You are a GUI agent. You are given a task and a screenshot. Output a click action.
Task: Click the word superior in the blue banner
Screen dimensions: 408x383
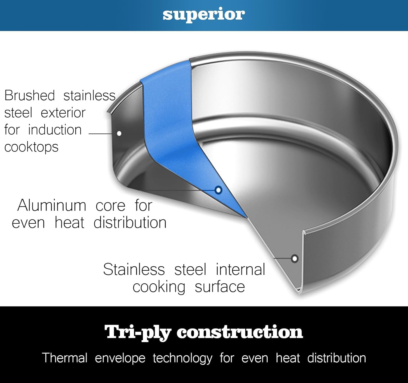click(x=204, y=15)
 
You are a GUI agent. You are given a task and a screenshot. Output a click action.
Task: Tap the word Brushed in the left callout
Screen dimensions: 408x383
click(x=30, y=96)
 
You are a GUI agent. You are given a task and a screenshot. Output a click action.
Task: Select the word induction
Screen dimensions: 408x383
click(x=55, y=130)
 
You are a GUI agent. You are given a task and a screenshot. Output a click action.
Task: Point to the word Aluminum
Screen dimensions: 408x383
click(x=52, y=205)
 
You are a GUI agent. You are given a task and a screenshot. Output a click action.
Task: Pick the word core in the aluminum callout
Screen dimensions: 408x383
click(x=110, y=206)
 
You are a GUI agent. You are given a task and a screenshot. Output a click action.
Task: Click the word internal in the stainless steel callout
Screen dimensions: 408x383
click(x=240, y=270)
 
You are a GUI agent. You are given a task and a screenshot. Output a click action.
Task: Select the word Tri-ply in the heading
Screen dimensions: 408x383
click(x=138, y=332)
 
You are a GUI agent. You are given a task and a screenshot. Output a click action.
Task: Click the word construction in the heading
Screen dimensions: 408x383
click(x=240, y=332)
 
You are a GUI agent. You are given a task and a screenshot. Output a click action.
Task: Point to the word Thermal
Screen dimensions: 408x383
click(x=65, y=358)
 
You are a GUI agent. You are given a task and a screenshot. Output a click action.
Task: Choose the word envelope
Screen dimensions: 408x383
click(x=120, y=359)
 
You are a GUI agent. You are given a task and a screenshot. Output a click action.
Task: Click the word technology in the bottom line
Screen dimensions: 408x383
click(x=183, y=359)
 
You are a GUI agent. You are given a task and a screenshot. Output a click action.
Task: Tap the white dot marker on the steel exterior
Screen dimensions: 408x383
click(x=119, y=133)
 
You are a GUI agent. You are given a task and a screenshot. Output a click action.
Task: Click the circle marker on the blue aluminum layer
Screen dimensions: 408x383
click(x=218, y=190)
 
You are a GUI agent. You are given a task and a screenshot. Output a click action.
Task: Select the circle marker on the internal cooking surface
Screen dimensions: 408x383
click(x=295, y=258)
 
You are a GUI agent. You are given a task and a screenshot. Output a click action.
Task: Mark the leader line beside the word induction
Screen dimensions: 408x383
click(x=100, y=134)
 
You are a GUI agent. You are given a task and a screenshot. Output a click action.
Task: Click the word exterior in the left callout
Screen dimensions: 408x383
click(x=63, y=113)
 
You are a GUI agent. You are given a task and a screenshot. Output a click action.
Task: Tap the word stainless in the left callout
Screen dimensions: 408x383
click(x=89, y=96)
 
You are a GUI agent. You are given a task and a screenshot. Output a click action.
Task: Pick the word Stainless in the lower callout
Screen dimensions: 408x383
click(x=134, y=270)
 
